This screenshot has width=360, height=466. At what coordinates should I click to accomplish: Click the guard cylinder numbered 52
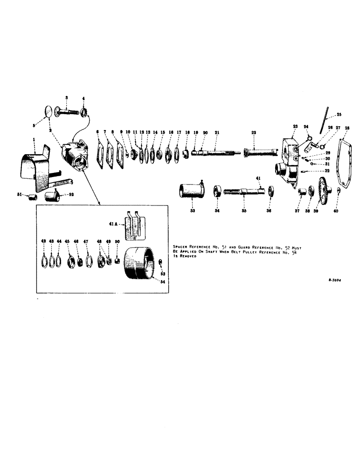click(51, 196)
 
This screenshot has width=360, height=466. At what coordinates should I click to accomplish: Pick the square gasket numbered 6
click(99, 151)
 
